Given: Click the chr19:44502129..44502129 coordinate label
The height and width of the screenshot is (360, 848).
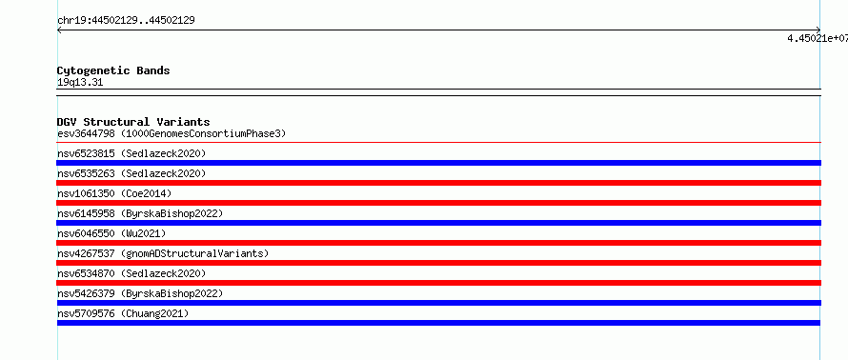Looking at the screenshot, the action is pyautogui.click(x=126, y=21).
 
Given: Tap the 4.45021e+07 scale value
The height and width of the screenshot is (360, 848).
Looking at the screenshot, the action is pyautogui.click(x=818, y=38).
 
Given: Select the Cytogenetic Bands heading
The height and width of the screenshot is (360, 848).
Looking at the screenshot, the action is pyautogui.click(x=113, y=70).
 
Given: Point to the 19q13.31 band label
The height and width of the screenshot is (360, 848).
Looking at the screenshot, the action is pyautogui.click(x=80, y=83).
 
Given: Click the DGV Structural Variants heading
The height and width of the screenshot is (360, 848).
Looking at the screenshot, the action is pyautogui.click(x=133, y=122).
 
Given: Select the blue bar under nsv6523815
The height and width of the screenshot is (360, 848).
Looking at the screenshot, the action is pyautogui.click(x=439, y=163).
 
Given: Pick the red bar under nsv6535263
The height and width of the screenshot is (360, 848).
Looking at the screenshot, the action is pyautogui.click(x=439, y=183).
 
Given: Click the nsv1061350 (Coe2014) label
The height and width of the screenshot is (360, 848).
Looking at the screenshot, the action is pyautogui.click(x=114, y=193).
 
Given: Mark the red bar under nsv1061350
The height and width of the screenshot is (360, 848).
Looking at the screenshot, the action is pyautogui.click(x=439, y=203).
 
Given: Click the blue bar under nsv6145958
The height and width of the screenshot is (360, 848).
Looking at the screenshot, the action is pyautogui.click(x=439, y=223).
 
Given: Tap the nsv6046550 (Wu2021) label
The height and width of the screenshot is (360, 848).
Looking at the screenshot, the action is pyautogui.click(x=111, y=233).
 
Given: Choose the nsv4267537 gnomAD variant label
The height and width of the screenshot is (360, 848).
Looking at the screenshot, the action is pyautogui.click(x=163, y=253).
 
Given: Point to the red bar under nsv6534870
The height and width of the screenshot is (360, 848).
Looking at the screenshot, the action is pyautogui.click(x=439, y=283).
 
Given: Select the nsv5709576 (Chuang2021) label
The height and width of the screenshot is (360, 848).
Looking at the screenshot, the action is pyautogui.click(x=123, y=313).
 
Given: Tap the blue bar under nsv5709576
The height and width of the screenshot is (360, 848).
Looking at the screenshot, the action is pyautogui.click(x=438, y=323).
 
